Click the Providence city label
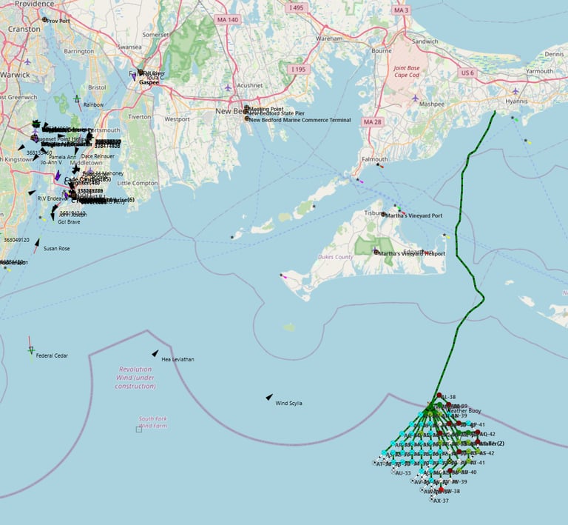(x=31, y=4)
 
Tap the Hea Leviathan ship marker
(x=155, y=353)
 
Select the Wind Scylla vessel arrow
(x=269, y=398)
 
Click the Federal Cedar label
(x=52, y=356)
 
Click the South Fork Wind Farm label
(x=152, y=422)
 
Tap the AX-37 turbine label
(x=441, y=501)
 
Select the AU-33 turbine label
(x=403, y=473)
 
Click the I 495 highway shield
(x=297, y=7)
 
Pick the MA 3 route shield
(x=422, y=10)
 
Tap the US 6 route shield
(x=467, y=73)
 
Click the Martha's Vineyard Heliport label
(x=412, y=253)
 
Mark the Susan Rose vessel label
(x=56, y=249)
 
